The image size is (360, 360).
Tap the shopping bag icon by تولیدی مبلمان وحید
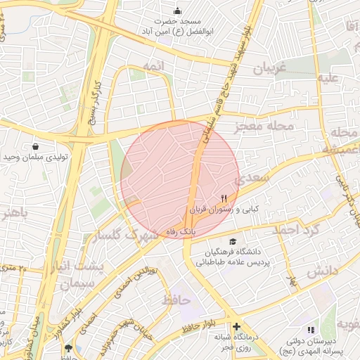[x=35, y=146]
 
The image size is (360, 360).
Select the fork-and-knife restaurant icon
[x=224, y=198]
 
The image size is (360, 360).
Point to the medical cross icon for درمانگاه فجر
[x=236, y=327]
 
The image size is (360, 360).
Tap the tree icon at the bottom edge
[x=68, y=349]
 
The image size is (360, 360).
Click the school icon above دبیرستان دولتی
[x=310, y=329]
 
